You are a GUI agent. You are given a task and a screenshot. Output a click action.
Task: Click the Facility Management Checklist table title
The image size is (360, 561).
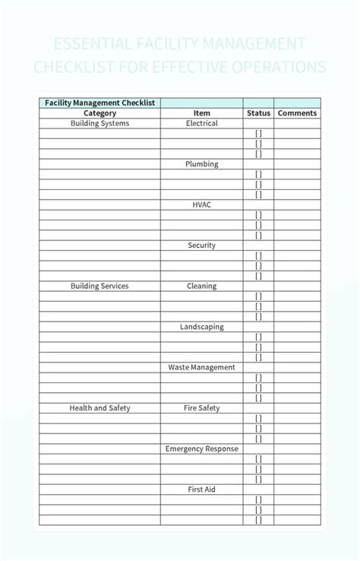[99, 103]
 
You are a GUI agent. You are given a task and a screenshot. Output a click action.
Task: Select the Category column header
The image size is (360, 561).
[99, 113]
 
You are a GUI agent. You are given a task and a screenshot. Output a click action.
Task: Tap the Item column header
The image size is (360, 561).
[201, 113]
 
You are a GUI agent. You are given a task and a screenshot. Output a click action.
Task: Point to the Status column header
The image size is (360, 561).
[258, 113]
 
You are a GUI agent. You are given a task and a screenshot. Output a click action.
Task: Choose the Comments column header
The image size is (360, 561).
[297, 113]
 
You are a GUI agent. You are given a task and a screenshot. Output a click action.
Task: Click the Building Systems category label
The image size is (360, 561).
[99, 123]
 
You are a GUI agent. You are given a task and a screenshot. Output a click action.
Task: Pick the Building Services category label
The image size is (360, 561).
[99, 287]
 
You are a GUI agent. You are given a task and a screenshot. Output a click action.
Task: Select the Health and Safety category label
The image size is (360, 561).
[99, 408]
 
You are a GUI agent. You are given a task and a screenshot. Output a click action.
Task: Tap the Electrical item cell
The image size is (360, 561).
[201, 123]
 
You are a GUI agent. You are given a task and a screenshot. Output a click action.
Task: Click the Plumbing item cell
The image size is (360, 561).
[201, 164]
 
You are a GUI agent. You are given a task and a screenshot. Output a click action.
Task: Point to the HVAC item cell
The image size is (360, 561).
[201, 204]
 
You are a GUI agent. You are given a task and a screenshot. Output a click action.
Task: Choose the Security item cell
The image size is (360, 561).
[201, 246]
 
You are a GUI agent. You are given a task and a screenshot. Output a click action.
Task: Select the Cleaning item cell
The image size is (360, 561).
[201, 287]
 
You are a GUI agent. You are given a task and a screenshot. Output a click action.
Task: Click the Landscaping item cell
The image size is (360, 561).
[201, 327]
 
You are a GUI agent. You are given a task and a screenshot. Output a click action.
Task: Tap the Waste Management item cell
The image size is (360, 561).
[201, 368]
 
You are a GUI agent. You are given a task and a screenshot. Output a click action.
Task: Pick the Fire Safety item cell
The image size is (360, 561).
[201, 408]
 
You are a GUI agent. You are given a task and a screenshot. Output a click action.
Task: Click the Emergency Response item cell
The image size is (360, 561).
[201, 449]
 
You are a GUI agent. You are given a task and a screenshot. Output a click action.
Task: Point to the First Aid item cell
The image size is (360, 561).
[201, 490]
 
